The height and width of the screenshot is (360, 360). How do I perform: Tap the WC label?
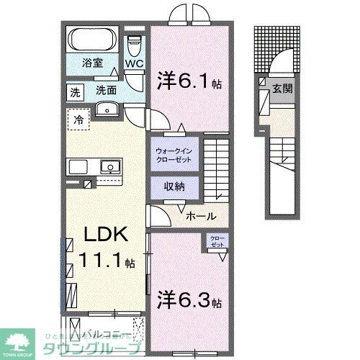(135, 63)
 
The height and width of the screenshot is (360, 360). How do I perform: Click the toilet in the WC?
(135, 45)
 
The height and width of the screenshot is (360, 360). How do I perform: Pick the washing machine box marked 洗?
(76, 91)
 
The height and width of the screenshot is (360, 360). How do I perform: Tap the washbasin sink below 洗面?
(107, 110)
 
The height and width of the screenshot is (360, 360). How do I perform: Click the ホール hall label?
(199, 215)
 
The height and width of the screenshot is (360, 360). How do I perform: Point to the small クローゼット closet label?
(217, 242)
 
